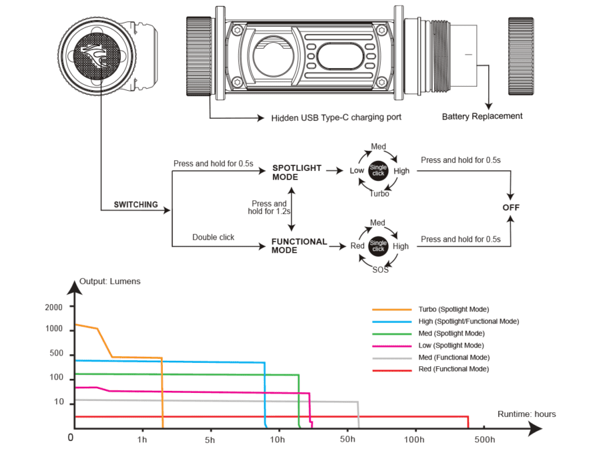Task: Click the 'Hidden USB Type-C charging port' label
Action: pyautogui.click(x=336, y=118)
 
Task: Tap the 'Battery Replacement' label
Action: pyautogui.click(x=482, y=116)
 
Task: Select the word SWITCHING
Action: pyautogui.click(x=136, y=205)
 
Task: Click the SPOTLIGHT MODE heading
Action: pyautogui.click(x=296, y=172)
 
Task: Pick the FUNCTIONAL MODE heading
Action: pyautogui.click(x=298, y=246)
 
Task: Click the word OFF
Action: pyautogui.click(x=511, y=208)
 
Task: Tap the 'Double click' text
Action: pyautogui.click(x=213, y=237)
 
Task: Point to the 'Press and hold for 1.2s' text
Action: pyautogui.click(x=269, y=208)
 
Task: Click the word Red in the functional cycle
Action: pyautogui.click(x=358, y=246)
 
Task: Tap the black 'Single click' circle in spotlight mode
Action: pyautogui.click(x=378, y=170)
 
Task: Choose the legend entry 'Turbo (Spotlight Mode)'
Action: pyautogui.click(x=453, y=309)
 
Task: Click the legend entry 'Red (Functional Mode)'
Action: pyautogui.click(x=453, y=369)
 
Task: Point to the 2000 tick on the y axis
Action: pyautogui.click(x=53, y=307)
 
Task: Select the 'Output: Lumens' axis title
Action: pyautogui.click(x=110, y=281)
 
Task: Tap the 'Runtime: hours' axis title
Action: pyautogui.click(x=526, y=414)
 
